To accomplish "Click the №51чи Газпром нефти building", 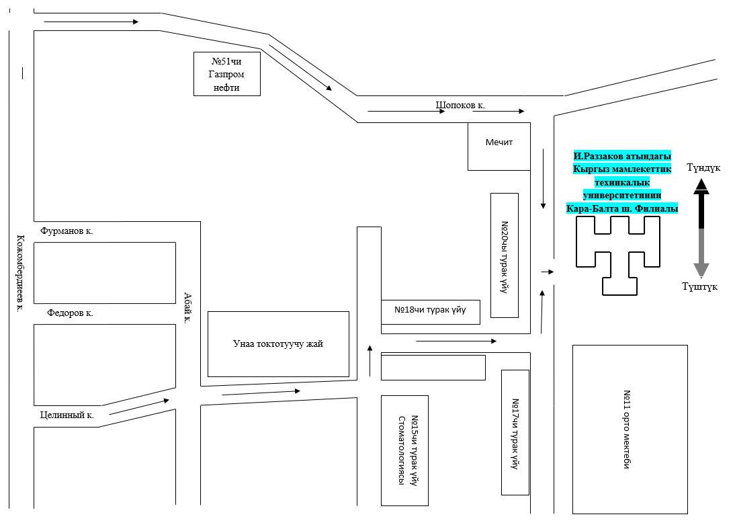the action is pyautogui.click(x=227, y=74).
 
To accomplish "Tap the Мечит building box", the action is pyautogui.click(x=499, y=147).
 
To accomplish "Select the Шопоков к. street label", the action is pyautogui.click(x=460, y=105).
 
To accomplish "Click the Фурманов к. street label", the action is pyautogui.click(x=67, y=231).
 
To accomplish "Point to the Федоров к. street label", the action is pyautogui.click(x=70, y=313).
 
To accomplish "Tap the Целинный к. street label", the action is pyautogui.click(x=67, y=415).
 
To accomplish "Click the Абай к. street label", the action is pyautogui.click(x=188, y=308).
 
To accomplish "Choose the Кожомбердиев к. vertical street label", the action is pyautogui.click(x=20, y=274).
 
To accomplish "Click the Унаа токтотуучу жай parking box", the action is pyautogui.click(x=278, y=343).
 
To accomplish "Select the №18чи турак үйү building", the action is pyautogui.click(x=430, y=312).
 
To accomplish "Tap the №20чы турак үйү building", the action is pyautogui.click(x=505, y=255).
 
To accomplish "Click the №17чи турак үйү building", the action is pyautogui.click(x=515, y=432).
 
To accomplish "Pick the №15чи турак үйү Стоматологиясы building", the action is pyautogui.click(x=404, y=450).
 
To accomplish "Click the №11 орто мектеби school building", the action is pyautogui.click(x=630, y=430).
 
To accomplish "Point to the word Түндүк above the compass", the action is pyautogui.click(x=703, y=168).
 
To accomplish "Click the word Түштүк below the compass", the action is pyautogui.click(x=699, y=286).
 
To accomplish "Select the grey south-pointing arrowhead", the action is pyautogui.click(x=701, y=270).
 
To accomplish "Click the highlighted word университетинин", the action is pyautogui.click(x=622, y=194).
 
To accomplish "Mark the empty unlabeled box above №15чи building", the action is pyautogui.click(x=433, y=368).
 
